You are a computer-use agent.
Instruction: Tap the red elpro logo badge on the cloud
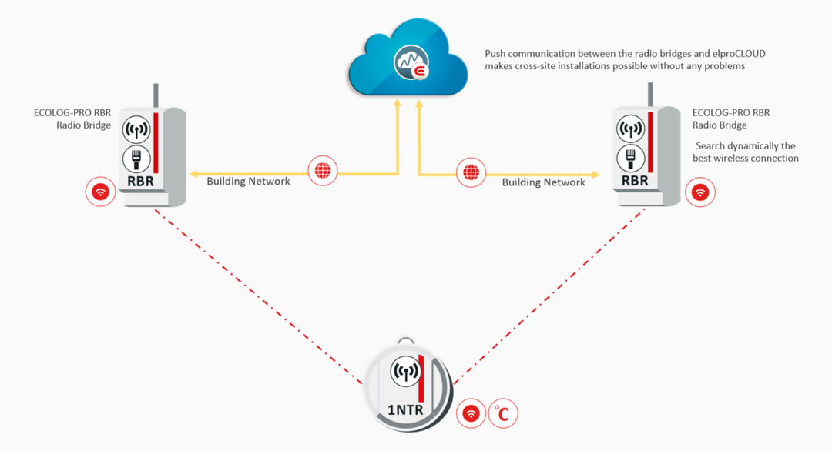coord(421,72)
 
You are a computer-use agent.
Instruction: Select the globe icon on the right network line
coord(469,172)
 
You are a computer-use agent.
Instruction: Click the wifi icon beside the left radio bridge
coord(100,191)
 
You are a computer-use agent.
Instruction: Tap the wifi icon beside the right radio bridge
coord(699,192)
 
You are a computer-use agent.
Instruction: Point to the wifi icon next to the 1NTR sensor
coord(471,413)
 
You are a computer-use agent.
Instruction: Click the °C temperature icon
coord(503,413)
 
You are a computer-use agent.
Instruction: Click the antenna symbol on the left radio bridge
coord(136,129)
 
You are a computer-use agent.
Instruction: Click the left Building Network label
coord(248,182)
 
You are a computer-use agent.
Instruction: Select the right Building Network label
coord(543,182)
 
